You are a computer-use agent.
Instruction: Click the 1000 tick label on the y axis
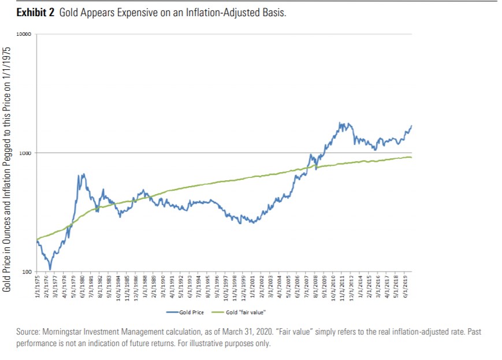pyautogui.click(x=25, y=153)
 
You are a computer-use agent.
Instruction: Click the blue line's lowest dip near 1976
pyautogui.click(x=50, y=269)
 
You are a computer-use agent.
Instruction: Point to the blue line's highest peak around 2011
pyautogui.click(x=341, y=123)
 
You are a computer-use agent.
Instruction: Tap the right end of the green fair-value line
pyautogui.click(x=411, y=158)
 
